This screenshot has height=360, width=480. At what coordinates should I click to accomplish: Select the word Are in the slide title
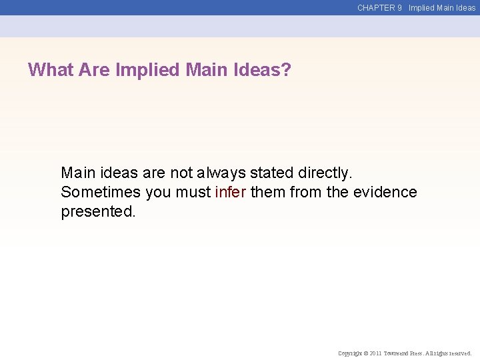click(95, 70)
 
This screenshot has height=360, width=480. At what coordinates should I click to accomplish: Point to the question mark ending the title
click(286, 70)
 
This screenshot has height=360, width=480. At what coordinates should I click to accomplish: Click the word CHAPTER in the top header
click(376, 8)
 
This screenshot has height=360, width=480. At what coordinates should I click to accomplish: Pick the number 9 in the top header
click(399, 8)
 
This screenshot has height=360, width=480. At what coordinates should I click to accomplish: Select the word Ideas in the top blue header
click(465, 8)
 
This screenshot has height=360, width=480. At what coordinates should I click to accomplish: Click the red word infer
click(231, 193)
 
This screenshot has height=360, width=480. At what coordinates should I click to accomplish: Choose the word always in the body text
click(221, 173)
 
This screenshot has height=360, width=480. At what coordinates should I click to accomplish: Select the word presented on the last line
click(98, 212)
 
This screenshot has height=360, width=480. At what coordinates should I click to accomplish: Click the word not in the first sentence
click(181, 173)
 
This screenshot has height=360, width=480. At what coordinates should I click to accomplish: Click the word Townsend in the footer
click(397, 353)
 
